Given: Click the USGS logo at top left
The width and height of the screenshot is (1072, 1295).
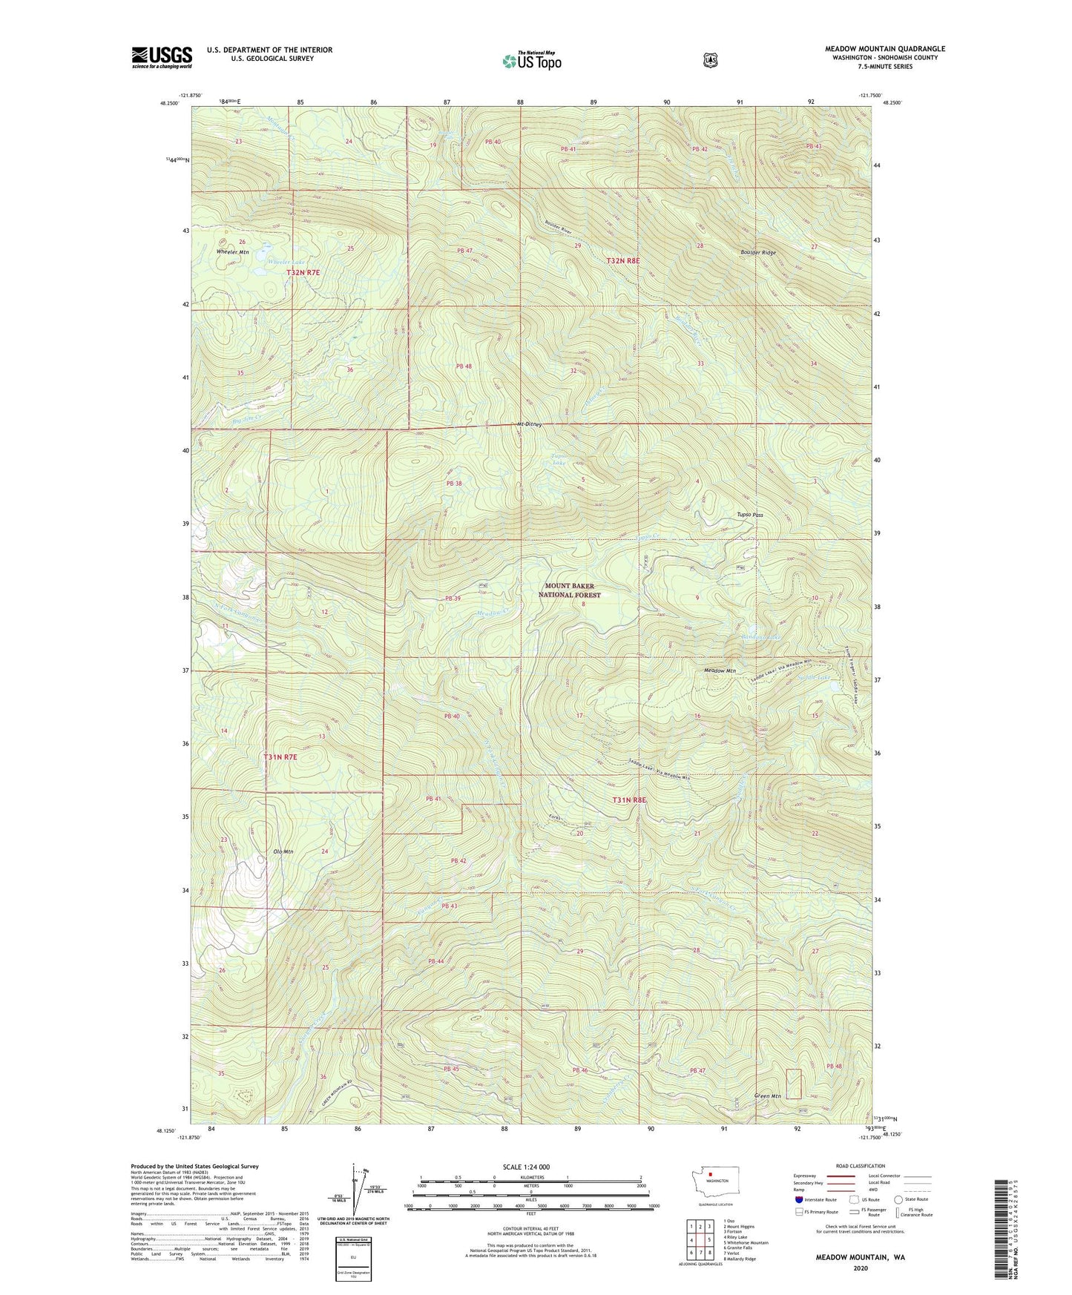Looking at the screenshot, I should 162,57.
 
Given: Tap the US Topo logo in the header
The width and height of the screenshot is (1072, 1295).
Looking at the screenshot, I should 530,61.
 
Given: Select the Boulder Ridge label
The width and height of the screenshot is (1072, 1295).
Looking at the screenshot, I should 757,253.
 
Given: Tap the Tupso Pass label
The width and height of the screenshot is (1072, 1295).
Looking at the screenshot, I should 749,514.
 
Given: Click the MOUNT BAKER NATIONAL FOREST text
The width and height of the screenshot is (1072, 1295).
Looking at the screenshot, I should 569,590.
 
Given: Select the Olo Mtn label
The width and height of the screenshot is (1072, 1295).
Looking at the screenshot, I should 283,851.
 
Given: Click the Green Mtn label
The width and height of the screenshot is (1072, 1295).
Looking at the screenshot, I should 768,1095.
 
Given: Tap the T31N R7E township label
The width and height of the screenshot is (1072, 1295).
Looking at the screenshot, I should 280,757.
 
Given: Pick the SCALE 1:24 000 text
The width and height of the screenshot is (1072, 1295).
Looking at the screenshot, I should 526,1167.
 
